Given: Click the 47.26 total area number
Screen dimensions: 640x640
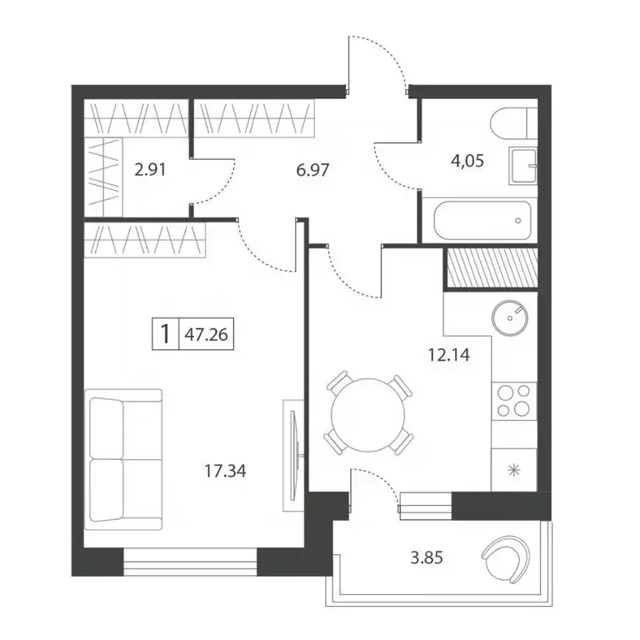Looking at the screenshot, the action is click(x=206, y=335).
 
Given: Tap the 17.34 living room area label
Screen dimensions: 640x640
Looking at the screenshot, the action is click(x=225, y=472).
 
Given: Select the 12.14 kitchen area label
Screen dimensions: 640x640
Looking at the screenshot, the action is click(x=449, y=355).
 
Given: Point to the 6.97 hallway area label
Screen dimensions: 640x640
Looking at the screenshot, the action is click(x=312, y=169).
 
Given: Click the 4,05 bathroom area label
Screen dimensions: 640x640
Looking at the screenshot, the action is click(x=467, y=161).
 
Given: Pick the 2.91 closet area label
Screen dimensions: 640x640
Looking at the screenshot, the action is click(x=150, y=169).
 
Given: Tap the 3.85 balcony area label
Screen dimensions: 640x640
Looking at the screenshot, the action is click(x=427, y=557).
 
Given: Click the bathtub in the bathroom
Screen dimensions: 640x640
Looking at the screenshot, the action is click(x=482, y=221).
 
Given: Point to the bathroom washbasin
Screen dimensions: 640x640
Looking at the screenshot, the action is click(x=522, y=167).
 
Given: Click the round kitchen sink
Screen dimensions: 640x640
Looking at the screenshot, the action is click(x=510, y=318).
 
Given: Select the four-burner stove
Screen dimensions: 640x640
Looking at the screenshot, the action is click(x=514, y=401).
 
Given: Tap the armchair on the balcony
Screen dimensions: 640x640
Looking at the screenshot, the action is click(x=507, y=558).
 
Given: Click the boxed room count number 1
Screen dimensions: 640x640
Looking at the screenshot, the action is click(x=165, y=334).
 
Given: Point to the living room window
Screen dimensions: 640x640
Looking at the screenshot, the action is click(x=190, y=562).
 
